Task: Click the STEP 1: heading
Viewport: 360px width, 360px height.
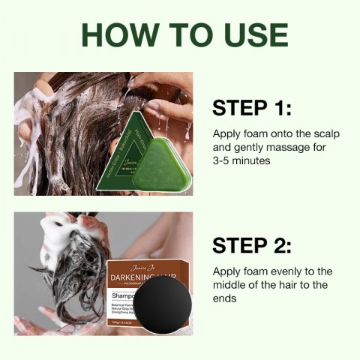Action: [x=251, y=107]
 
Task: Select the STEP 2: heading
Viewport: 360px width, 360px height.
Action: [x=251, y=245]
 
